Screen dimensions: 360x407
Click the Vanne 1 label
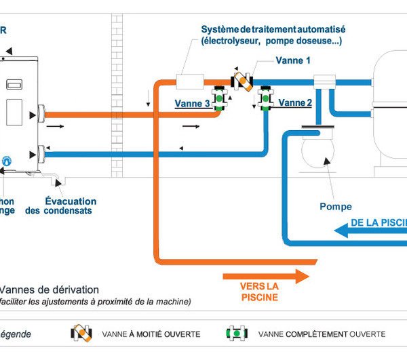[293, 60]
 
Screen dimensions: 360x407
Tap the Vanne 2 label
[295, 103]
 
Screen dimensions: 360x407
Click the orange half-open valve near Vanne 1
[241, 80]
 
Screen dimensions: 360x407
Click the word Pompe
[336, 206]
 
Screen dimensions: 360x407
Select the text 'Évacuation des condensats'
[68, 206]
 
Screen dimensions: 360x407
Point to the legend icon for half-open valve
[81, 334]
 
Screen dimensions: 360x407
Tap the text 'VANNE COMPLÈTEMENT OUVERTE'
[322, 334]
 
